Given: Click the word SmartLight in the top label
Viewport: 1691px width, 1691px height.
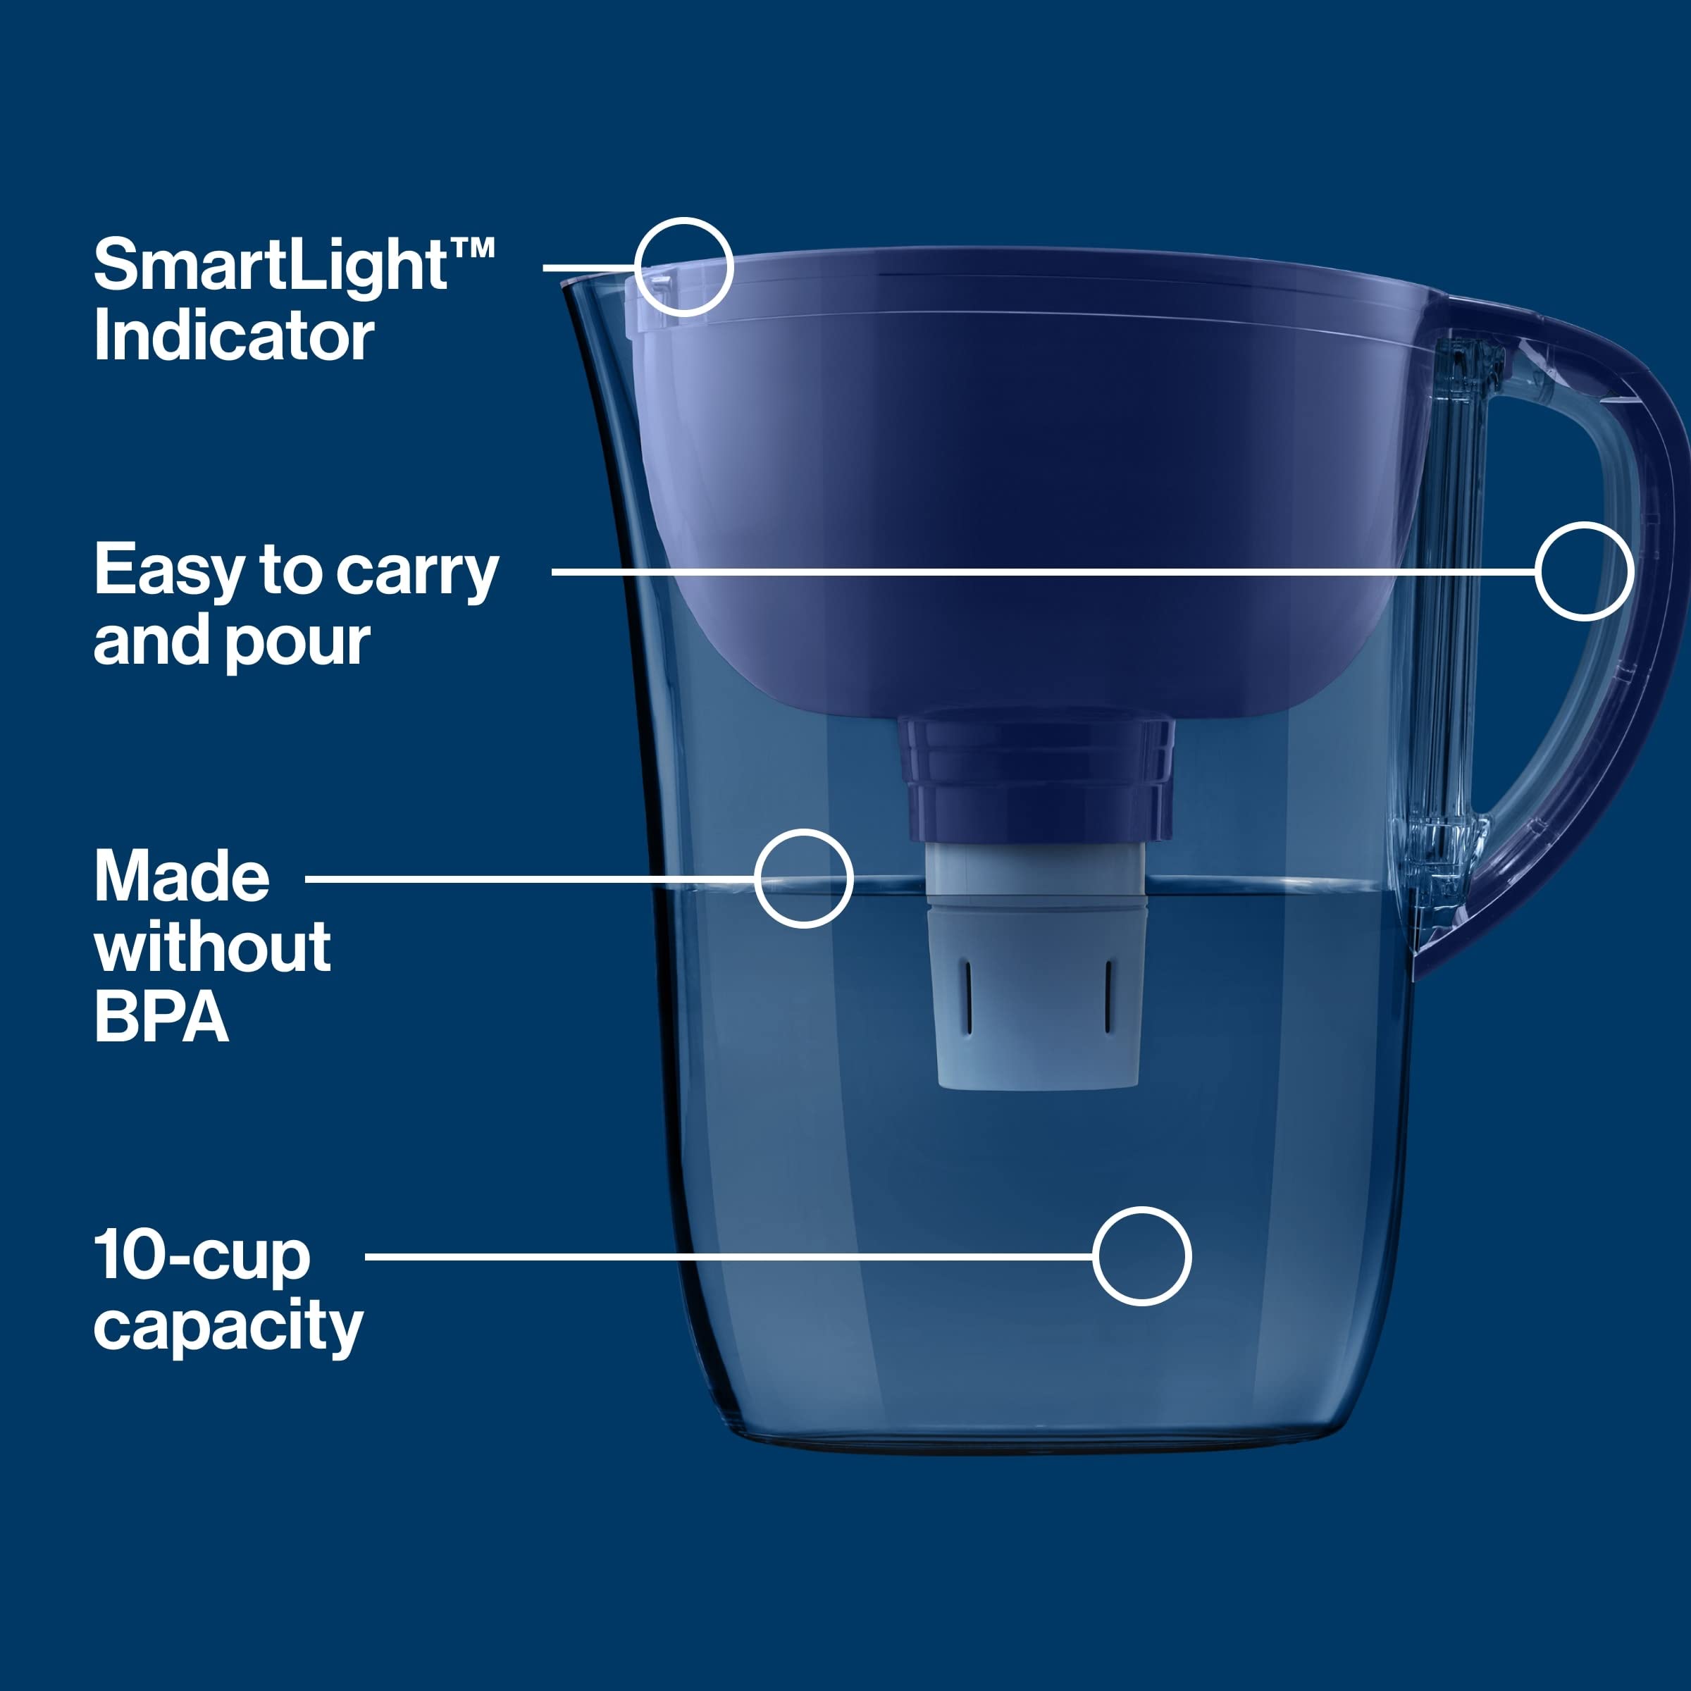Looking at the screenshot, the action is [x=270, y=267].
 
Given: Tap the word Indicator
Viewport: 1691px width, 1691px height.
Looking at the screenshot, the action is [x=234, y=337].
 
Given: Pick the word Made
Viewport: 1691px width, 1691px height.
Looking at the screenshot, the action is [x=182, y=877].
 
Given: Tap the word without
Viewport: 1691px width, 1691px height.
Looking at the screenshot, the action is [x=213, y=947].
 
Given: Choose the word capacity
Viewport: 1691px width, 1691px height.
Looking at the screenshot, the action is [x=228, y=1327].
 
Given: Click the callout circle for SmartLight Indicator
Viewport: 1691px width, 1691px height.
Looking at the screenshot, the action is [x=683, y=267].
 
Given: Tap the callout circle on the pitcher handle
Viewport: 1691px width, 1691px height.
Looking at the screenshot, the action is [x=1584, y=571].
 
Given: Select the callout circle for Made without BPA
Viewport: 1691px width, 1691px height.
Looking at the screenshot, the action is [x=803, y=878].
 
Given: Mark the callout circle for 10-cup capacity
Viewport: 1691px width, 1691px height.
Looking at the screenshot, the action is [x=1141, y=1256].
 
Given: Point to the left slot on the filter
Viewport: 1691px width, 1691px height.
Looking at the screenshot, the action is [x=968, y=996].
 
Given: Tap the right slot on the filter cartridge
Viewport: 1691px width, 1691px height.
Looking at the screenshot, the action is [x=1108, y=996].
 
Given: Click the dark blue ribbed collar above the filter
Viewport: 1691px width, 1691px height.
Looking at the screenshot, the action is [x=1036, y=779].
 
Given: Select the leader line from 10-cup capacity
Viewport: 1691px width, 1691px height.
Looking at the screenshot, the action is [x=726, y=1256].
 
